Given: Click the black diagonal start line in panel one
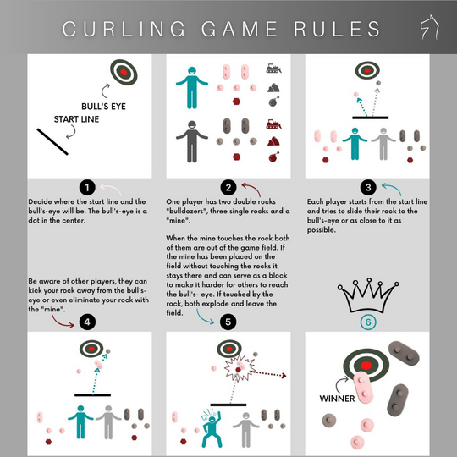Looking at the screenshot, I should (52, 140).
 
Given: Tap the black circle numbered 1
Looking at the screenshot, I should (87, 187).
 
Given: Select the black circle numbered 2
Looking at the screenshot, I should (228, 187).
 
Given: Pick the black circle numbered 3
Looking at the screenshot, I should (367, 187).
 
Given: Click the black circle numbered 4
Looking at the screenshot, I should (87, 321).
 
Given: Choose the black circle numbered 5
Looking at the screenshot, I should (228, 321).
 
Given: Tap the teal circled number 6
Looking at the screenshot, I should (367, 321).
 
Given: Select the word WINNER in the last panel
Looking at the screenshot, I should (336, 397).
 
